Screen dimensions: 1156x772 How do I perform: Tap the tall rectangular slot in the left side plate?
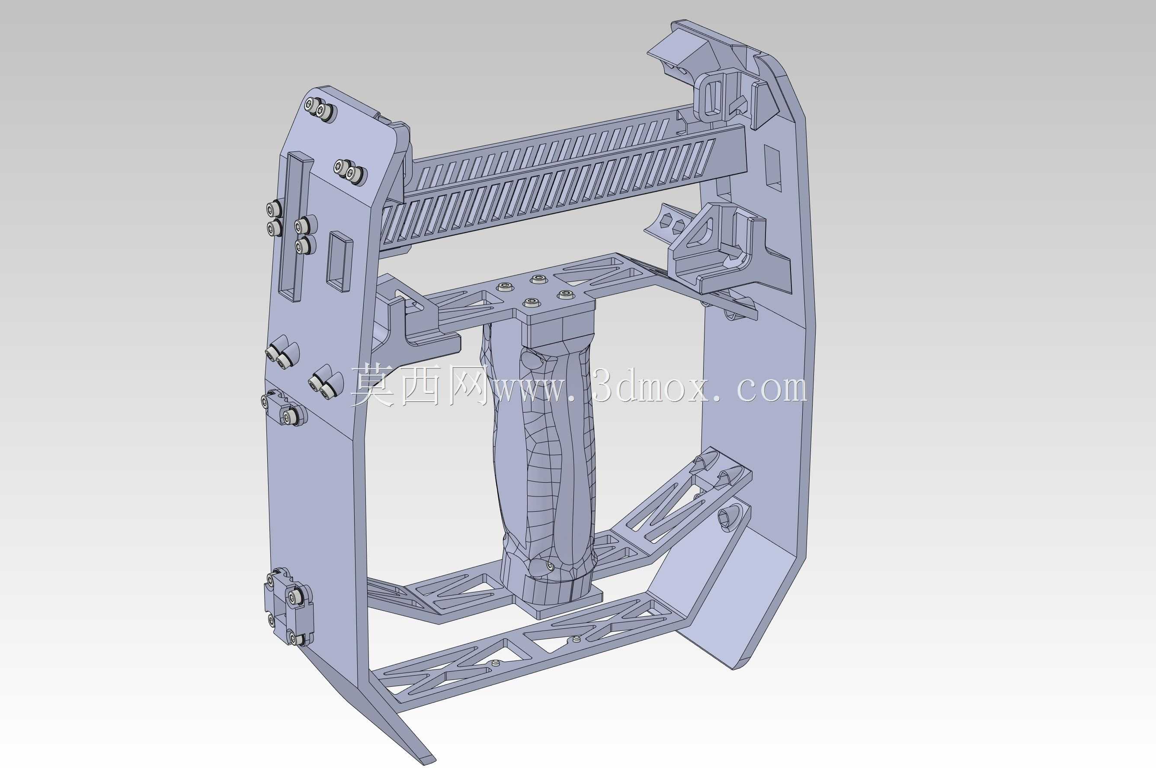click(298, 227)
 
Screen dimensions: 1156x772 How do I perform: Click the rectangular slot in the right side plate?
click(772, 168)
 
